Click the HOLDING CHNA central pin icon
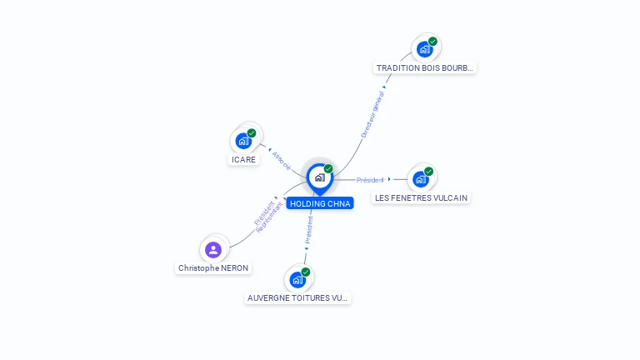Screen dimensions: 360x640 (x=319, y=177)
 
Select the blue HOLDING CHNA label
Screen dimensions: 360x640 (x=320, y=203)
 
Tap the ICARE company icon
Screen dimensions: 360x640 (x=243, y=141)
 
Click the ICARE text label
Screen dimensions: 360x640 (x=244, y=159)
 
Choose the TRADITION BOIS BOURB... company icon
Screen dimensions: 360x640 (x=425, y=49)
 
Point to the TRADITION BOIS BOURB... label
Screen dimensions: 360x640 (x=425, y=68)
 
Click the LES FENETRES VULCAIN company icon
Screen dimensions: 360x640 (x=421, y=179)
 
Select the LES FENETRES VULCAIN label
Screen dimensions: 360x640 (x=421, y=198)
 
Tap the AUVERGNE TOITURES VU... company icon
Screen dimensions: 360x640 (x=298, y=279)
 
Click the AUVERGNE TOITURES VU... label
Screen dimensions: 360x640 (x=298, y=297)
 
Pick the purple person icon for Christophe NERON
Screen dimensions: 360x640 (x=213, y=249)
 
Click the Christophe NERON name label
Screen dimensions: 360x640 (x=213, y=268)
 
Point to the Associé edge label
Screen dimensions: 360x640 (x=282, y=160)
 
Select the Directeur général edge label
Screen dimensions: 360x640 (x=372, y=115)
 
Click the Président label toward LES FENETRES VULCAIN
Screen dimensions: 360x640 (x=370, y=180)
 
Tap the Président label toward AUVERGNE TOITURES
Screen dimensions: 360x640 (x=308, y=230)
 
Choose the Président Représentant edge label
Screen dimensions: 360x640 (x=264, y=214)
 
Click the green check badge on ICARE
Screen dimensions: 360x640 (x=252, y=132)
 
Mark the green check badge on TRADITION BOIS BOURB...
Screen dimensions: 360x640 (x=433, y=41)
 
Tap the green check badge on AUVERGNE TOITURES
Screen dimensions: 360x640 (x=306, y=272)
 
